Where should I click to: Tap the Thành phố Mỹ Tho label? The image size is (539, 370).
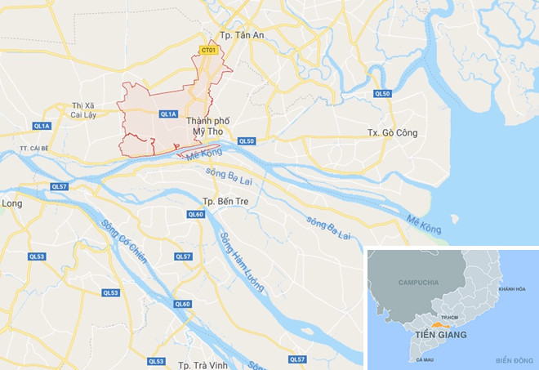(208, 126)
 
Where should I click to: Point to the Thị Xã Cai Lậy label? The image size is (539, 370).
(84, 110)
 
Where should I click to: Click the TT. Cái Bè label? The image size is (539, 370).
(38, 148)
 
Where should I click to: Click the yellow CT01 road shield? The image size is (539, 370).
(208, 51)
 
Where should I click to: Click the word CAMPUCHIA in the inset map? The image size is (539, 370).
(418, 283)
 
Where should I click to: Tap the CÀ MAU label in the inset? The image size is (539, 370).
(425, 359)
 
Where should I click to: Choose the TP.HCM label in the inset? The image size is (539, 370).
(451, 316)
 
